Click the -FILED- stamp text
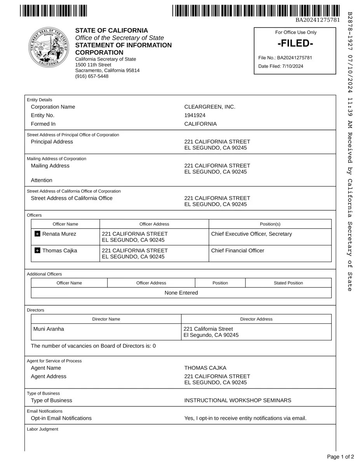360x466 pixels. (295, 43)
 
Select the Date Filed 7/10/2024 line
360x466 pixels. (281, 66)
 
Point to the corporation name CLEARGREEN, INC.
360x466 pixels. (210, 107)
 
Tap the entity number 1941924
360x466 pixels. (195, 115)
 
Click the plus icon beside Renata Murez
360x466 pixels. (37, 234)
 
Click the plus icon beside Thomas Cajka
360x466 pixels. (37, 250)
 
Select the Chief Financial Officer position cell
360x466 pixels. (237, 250)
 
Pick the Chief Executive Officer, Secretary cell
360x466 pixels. (251, 234)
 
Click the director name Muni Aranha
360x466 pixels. (49, 329)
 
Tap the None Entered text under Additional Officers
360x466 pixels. (181, 293)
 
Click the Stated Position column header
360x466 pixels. (288, 283)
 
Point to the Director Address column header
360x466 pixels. (256, 319)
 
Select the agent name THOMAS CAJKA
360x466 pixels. (205, 368)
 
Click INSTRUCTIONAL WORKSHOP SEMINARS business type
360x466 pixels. (237, 400)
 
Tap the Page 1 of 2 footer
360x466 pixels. (340, 457)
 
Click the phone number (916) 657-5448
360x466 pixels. (92, 76)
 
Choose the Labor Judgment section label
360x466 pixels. (42, 429)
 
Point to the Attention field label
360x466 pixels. (42, 180)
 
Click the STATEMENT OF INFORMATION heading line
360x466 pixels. (123, 45)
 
